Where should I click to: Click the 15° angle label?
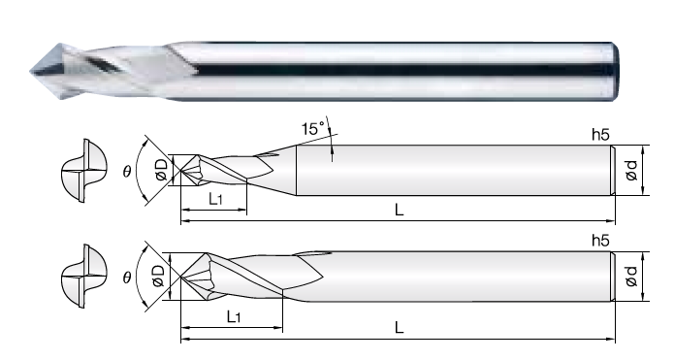[x=313, y=129]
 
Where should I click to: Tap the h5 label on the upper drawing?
[x=600, y=135]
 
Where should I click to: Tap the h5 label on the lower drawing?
[x=600, y=241]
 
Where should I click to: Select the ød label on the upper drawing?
[x=631, y=171]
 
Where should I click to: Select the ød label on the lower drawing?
[x=631, y=277]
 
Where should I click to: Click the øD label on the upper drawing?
[x=162, y=170]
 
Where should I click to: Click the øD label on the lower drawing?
[x=158, y=276]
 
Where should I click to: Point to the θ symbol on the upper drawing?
[x=126, y=172]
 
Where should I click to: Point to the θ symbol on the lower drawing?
[x=126, y=278]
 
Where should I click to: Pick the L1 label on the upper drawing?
[x=216, y=199]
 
